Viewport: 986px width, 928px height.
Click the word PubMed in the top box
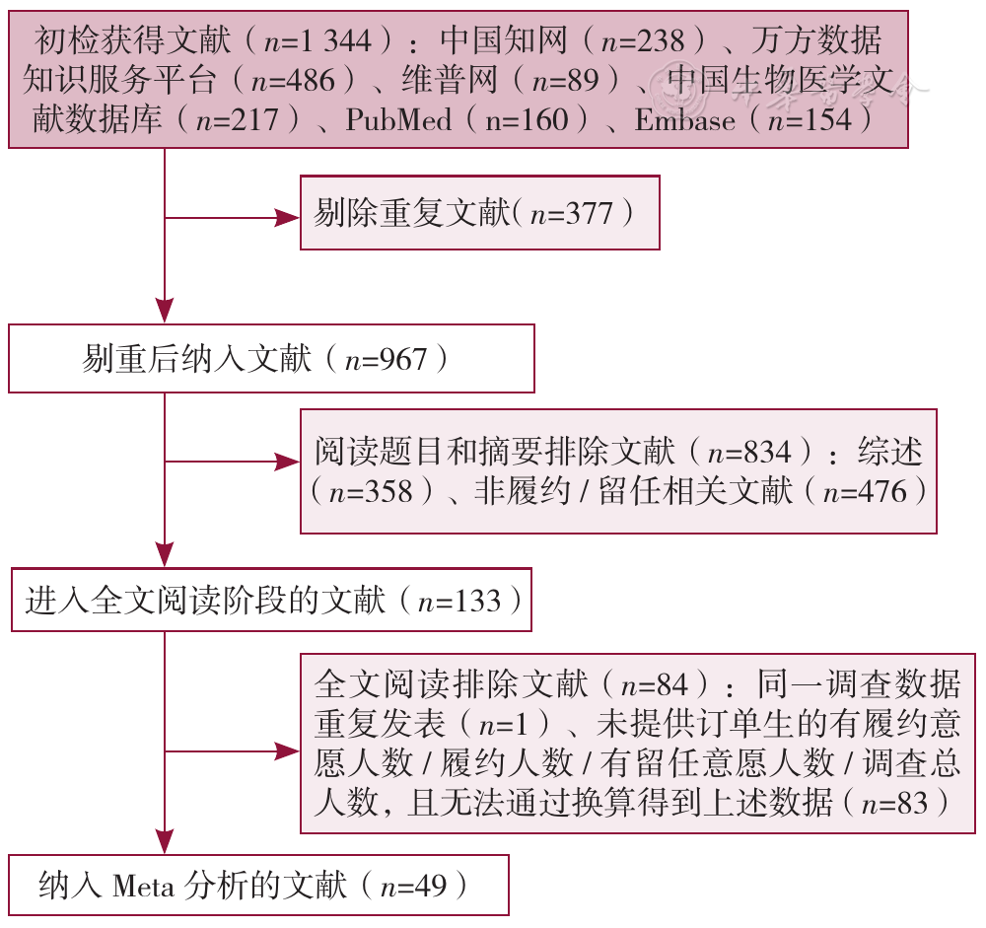point(398,119)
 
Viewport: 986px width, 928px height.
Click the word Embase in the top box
point(685,119)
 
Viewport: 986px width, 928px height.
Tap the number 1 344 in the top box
point(336,41)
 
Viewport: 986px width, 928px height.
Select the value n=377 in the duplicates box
point(571,214)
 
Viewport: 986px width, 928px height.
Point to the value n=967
point(387,360)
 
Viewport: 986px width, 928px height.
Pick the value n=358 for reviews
point(371,491)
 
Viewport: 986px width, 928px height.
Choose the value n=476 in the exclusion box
point(865,491)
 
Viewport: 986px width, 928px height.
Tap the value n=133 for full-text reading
point(459,601)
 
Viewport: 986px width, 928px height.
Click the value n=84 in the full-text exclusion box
point(655,684)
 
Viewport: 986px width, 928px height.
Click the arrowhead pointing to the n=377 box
point(288,218)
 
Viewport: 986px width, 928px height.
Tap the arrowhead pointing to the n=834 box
point(288,462)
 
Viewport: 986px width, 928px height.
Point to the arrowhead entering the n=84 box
point(288,751)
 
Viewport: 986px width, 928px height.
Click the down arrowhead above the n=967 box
point(165,311)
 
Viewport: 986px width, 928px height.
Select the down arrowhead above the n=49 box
point(165,841)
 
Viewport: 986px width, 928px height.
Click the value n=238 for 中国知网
point(643,41)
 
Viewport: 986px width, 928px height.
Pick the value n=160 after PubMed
point(527,119)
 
